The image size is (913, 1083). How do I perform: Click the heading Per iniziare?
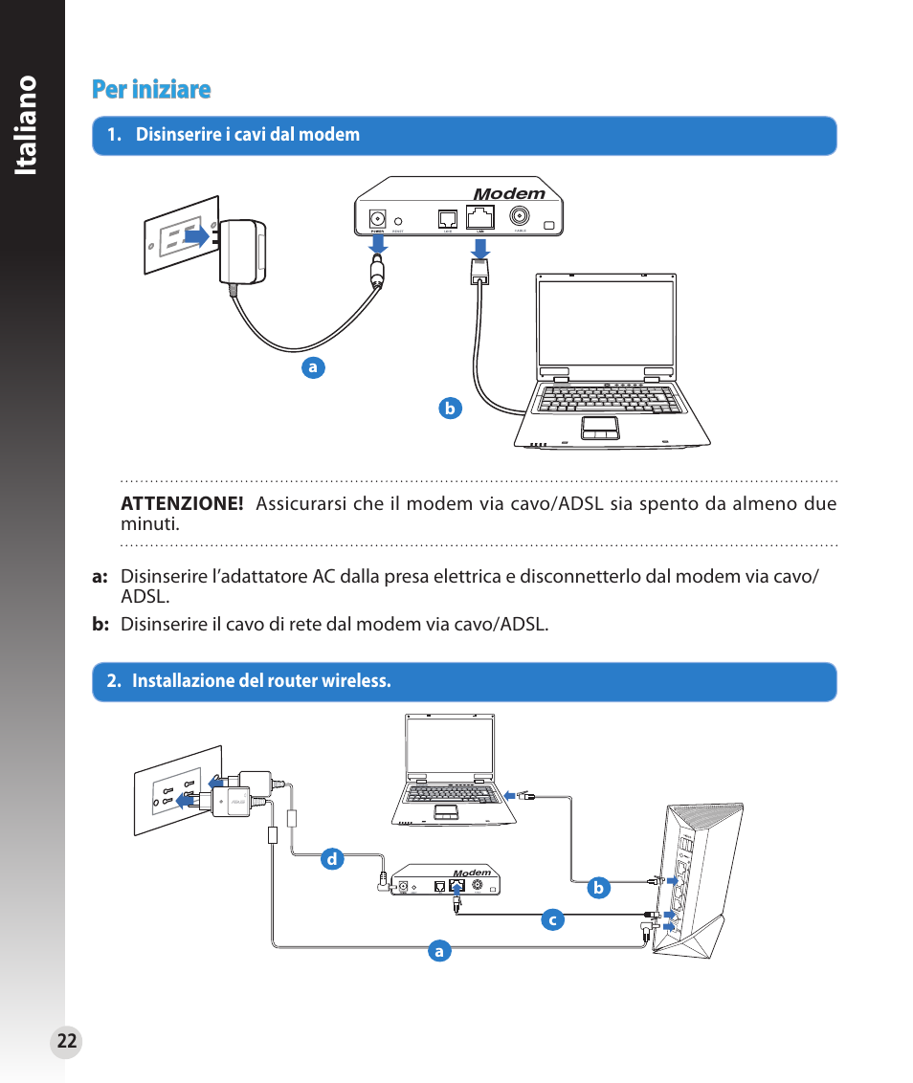(151, 90)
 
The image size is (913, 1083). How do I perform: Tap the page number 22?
(66, 1042)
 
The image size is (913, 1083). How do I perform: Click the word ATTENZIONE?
(182, 504)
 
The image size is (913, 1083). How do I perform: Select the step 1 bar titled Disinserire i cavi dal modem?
(464, 135)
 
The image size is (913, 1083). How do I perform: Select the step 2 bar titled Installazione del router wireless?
(464, 681)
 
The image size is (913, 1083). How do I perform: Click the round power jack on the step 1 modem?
(378, 217)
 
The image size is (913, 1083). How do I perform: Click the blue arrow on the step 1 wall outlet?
(196, 235)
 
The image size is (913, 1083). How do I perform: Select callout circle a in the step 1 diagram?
(311, 367)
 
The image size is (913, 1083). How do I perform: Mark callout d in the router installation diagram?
(331, 859)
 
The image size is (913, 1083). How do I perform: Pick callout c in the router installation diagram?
(551, 920)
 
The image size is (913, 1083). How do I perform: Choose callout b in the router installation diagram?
(598, 888)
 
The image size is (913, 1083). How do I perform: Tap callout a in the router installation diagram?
(438, 951)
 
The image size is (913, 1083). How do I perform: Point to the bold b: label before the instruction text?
(101, 625)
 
